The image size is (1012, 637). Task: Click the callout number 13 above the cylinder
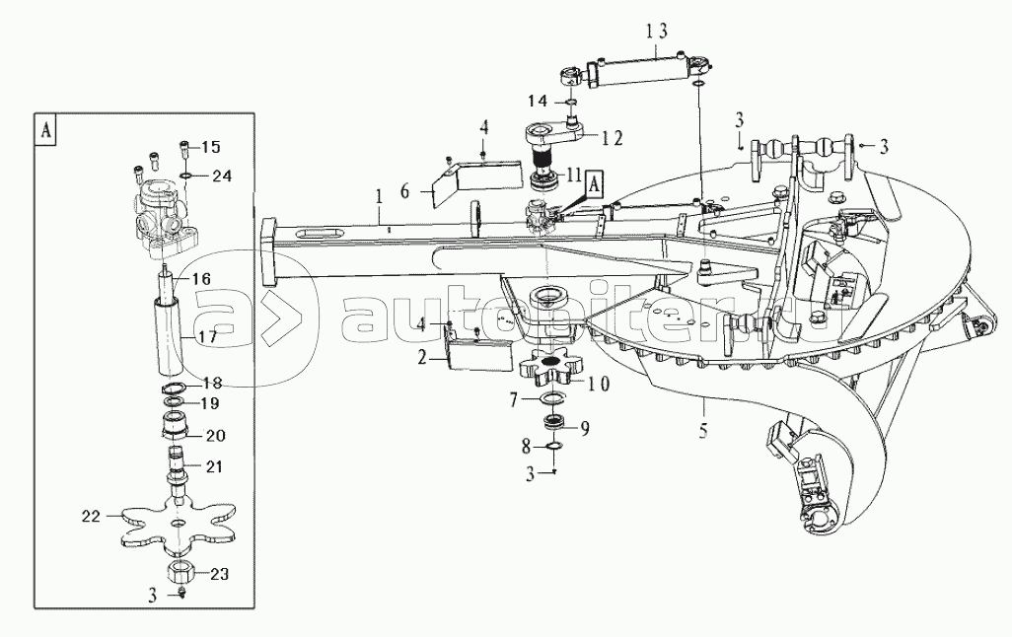[x=657, y=31]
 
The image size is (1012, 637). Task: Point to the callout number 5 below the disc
[x=704, y=430]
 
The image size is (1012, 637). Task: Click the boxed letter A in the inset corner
[x=46, y=129]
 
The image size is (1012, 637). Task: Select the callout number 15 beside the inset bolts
[x=210, y=147]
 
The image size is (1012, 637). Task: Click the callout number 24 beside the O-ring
[x=222, y=177]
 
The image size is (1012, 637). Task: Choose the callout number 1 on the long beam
[x=376, y=197]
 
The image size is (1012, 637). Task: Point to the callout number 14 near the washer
[x=537, y=101]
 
